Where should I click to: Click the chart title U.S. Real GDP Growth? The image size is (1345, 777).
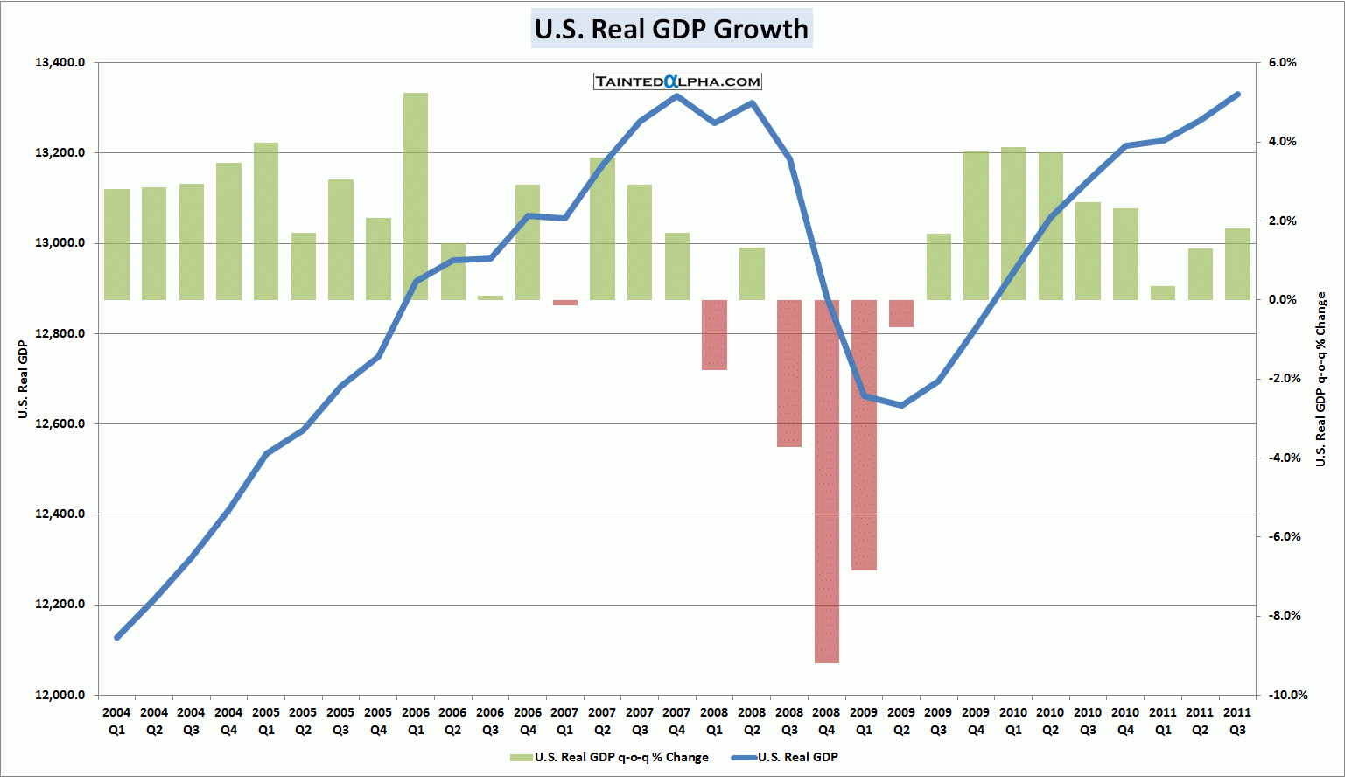pos(671,29)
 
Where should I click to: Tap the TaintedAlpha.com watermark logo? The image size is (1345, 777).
pos(677,81)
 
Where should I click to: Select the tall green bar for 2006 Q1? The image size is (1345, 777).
pos(416,196)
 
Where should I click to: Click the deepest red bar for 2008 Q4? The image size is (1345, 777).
pos(827,481)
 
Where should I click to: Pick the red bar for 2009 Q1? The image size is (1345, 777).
pos(864,435)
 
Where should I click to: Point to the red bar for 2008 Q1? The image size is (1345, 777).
pos(714,335)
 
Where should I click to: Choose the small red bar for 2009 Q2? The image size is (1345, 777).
pos(901,313)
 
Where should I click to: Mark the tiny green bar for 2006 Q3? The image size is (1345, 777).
pos(490,297)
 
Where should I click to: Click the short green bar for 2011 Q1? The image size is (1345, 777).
pos(1163,293)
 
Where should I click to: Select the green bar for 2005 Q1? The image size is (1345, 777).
pos(266,221)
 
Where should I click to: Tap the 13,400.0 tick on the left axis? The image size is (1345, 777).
pos(60,63)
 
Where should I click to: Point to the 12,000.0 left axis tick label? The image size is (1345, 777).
pos(60,695)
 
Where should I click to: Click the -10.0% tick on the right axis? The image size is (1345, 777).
pos(1282,695)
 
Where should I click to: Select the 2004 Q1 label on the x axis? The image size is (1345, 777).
pos(116,721)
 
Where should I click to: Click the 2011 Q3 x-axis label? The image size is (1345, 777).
pos(1237,721)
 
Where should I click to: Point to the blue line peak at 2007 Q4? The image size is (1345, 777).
pos(676,95)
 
